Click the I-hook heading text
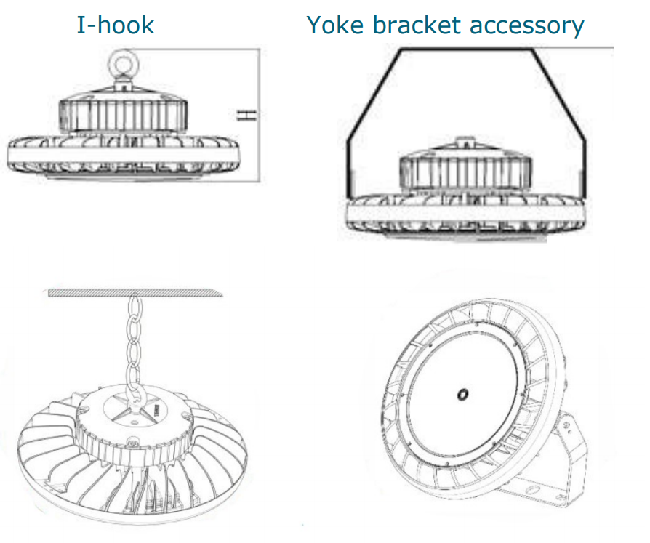coord(116,25)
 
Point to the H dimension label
coord(246,116)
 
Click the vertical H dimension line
coord(260,116)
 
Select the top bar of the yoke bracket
coord(466,49)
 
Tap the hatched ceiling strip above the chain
coord(135,293)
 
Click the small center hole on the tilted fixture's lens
coord(462,394)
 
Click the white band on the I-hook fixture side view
coord(123,156)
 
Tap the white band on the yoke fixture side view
coord(466,214)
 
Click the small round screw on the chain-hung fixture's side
coord(133,441)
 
